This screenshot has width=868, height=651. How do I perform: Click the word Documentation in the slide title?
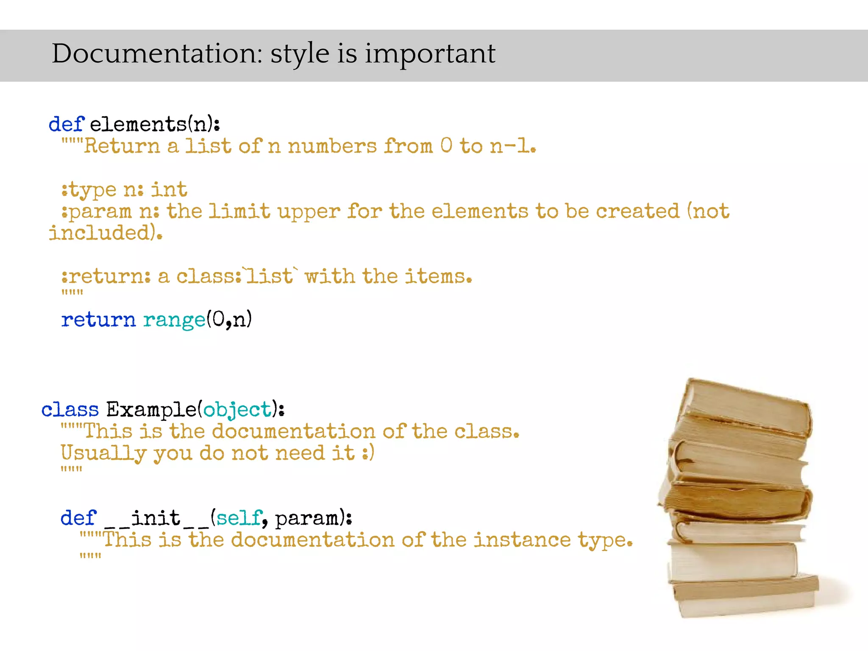157,54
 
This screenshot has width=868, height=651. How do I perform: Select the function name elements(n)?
154,124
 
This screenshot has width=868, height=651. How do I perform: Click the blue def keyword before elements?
66,124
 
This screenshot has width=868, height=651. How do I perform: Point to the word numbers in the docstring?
332,146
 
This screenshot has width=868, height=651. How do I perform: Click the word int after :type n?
169,189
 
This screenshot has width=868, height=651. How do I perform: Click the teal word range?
174,320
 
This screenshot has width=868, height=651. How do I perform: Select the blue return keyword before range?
98,320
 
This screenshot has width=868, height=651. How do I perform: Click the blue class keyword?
70,410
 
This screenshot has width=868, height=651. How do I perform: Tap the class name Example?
151,410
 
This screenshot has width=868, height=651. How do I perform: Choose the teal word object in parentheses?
237,410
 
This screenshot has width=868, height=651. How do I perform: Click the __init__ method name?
156,518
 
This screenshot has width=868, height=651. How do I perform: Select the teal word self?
239,518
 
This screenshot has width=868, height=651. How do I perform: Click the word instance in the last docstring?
522,540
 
